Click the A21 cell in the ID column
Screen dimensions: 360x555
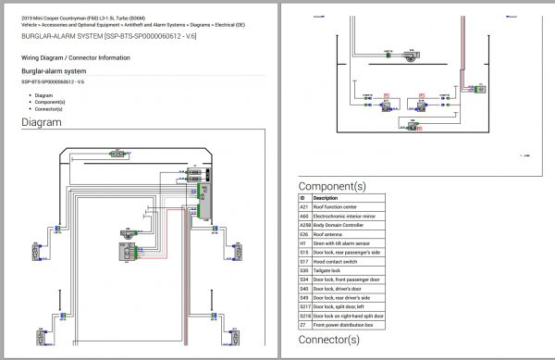[302, 206]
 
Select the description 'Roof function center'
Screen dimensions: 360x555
[338, 206]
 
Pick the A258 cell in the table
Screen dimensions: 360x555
[304, 226]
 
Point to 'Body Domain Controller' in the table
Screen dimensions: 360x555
[342, 226]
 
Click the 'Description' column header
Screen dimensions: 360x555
[326, 197]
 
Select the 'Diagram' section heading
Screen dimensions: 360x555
[42, 121]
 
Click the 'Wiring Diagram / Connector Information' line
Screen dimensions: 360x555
[76, 57]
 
